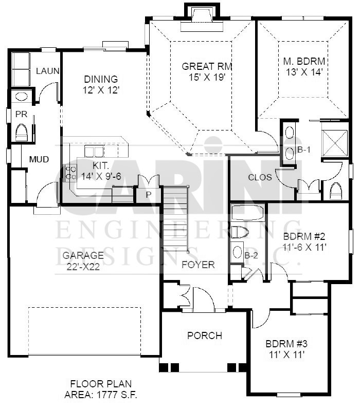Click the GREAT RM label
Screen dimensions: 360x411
coord(207,66)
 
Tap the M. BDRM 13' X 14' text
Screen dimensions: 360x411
coord(304,66)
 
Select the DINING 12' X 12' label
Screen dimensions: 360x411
coord(101,84)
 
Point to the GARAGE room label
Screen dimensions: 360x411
coord(83,255)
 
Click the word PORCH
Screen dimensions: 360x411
coord(205,335)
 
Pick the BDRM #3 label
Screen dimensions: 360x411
coord(286,343)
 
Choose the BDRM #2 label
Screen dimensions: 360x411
coord(304,236)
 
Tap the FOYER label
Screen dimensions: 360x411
coord(198,265)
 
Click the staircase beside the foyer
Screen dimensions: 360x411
coord(175,219)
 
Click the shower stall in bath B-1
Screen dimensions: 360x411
coord(335,143)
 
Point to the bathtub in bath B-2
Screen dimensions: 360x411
coord(247,212)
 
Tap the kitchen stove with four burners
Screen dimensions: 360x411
coord(70,173)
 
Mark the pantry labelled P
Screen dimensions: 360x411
coord(148,194)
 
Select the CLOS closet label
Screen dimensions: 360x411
coord(260,177)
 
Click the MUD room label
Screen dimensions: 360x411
coord(39,159)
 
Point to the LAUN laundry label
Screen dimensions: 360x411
coord(47,71)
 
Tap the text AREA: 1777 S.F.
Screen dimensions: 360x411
coord(101,395)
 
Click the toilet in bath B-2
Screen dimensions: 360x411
coord(240,232)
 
